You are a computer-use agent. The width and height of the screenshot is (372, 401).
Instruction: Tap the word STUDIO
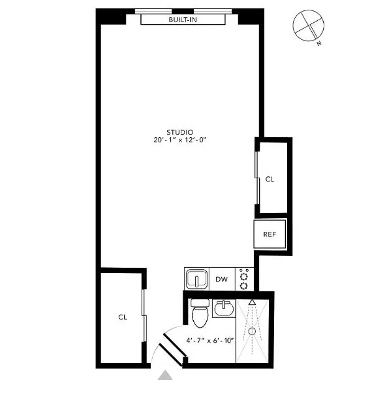pos(179,132)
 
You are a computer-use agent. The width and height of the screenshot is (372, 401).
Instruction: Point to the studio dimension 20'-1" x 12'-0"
pos(179,140)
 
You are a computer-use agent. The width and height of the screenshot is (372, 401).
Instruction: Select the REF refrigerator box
pos(270,234)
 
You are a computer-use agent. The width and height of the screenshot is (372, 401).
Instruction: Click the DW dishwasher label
pos(222,280)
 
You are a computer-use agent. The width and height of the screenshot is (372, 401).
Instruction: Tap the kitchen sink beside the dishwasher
pos(196,280)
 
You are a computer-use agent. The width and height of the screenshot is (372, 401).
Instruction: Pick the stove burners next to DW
pos(244,280)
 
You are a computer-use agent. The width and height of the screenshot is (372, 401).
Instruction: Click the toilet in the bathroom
pos(200,313)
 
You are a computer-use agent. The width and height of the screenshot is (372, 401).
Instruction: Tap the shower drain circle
pos(252,332)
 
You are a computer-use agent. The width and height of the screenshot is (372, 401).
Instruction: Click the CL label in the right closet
pos(270,180)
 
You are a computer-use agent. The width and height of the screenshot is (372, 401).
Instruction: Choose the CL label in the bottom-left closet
pos(122,317)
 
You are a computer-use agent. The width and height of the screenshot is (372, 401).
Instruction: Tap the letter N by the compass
pos(318,44)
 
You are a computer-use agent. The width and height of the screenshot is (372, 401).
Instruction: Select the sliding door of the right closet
pos(256,176)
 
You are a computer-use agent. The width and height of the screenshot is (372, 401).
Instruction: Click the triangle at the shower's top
pos(252,302)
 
